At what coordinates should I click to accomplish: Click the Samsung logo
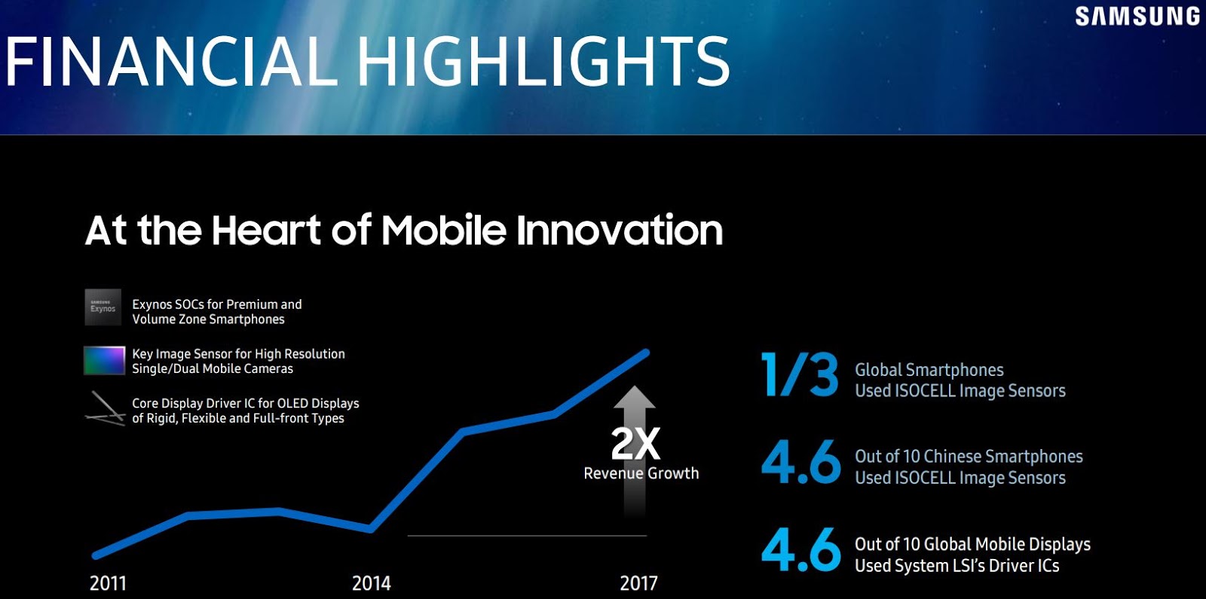click(x=1137, y=17)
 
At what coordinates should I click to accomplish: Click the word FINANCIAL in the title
click(x=170, y=62)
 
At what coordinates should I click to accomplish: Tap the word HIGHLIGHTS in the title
click(x=543, y=62)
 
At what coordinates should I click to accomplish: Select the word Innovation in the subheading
click(x=620, y=230)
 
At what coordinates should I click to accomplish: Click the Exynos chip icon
click(x=103, y=307)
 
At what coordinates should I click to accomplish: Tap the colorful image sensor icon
click(x=104, y=360)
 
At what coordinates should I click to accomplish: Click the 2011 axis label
click(x=108, y=583)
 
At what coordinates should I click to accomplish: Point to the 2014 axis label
click(x=371, y=583)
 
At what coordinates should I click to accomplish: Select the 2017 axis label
click(x=638, y=583)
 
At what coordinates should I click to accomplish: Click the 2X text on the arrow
click(x=635, y=444)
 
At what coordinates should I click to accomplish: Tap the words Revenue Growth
click(x=641, y=473)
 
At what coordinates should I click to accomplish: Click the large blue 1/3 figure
click(x=800, y=374)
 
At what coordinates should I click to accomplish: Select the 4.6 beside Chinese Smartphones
click(x=800, y=462)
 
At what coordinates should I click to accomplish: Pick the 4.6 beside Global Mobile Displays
click(x=800, y=549)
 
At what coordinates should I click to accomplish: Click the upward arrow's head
click(x=634, y=397)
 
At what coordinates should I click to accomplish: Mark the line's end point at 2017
click(x=646, y=352)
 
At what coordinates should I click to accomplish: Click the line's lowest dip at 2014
click(x=371, y=529)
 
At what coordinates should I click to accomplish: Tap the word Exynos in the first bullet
click(x=152, y=304)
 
